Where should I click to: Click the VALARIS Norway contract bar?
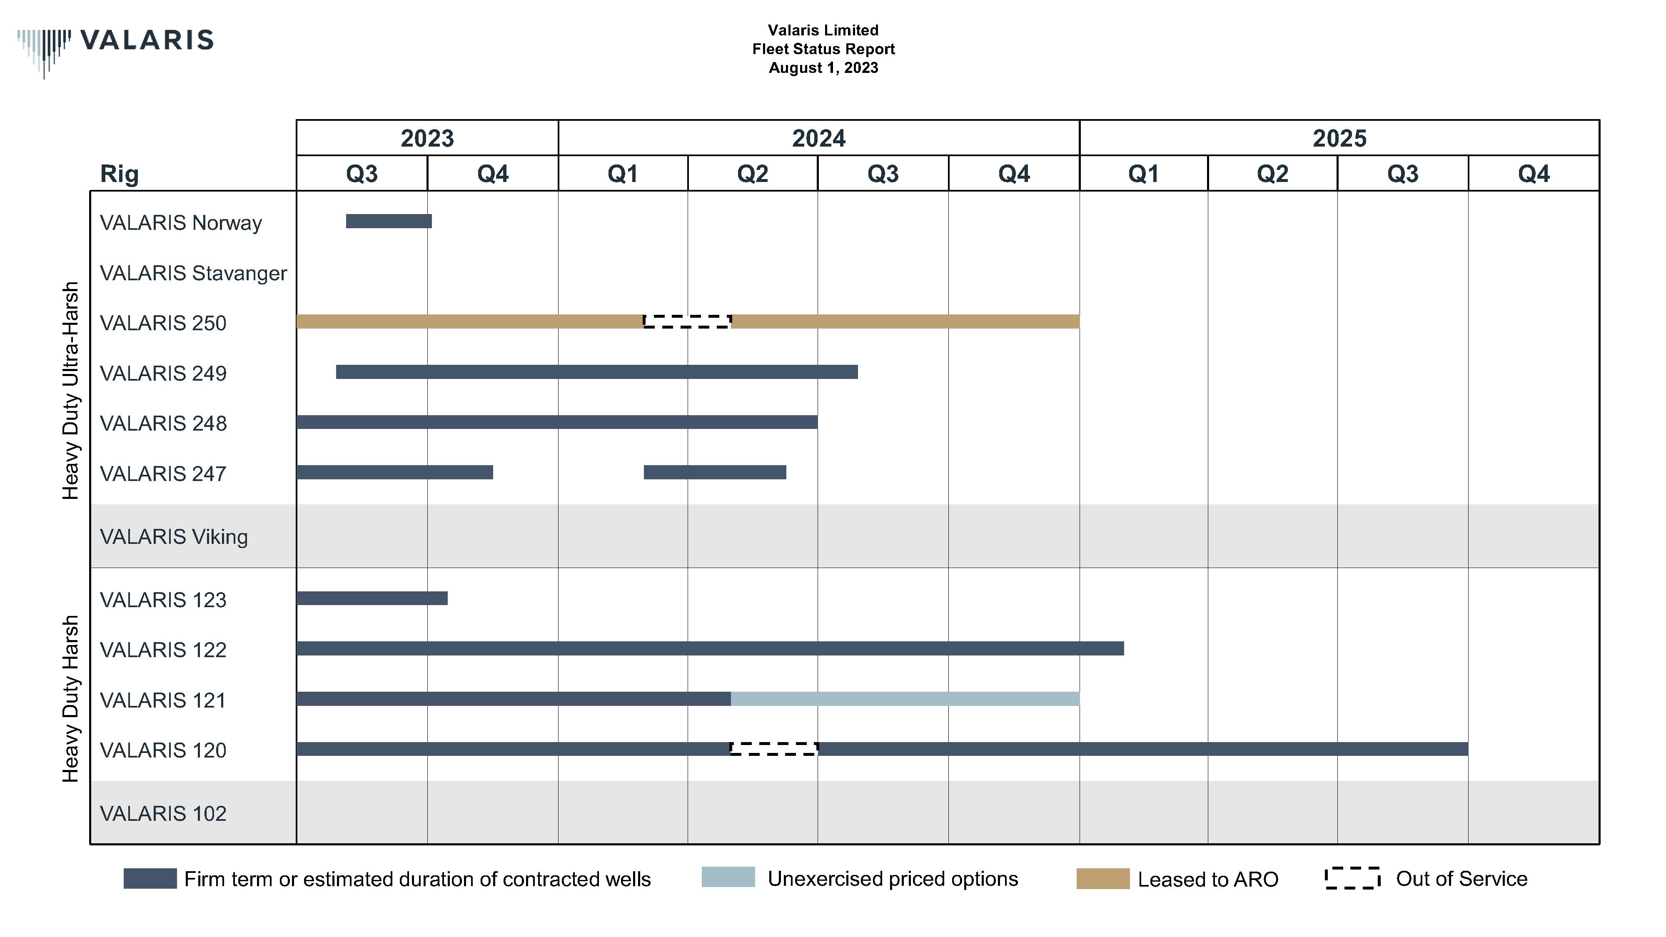(389, 221)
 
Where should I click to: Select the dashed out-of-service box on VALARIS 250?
(687, 321)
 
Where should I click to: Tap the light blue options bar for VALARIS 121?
(905, 698)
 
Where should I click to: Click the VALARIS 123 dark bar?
(372, 598)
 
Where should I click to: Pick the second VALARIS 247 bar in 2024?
(715, 472)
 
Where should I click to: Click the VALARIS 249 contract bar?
(596, 372)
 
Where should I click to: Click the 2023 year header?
(427, 138)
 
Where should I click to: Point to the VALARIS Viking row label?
(173, 537)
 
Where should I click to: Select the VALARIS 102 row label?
(163, 813)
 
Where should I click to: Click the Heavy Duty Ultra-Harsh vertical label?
(70, 391)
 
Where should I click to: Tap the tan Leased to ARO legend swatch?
(1103, 878)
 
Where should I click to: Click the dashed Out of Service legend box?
(1352, 878)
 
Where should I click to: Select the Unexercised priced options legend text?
(893, 878)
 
